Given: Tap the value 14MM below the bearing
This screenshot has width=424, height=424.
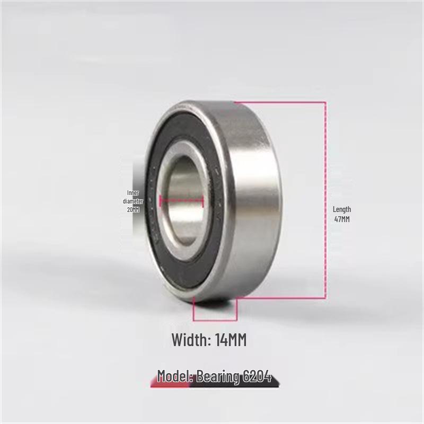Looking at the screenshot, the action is [231, 340].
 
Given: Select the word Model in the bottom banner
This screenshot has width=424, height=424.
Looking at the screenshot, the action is [175, 376].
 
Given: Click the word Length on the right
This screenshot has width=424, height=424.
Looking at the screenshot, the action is [342, 209].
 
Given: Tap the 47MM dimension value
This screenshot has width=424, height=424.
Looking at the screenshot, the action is [342, 219].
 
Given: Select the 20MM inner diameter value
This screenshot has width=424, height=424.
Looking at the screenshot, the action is [133, 209].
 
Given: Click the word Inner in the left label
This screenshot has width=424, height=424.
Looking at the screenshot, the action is [133, 193].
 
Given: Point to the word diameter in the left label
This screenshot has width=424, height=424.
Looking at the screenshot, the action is [133, 201].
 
